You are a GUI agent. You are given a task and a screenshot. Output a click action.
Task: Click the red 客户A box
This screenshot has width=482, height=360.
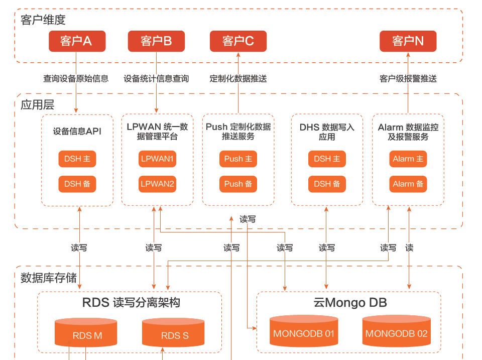(77, 41)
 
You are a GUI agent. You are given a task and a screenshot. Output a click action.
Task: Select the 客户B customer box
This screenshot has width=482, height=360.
(156, 41)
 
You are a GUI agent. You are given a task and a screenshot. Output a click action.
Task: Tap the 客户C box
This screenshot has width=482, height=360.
(238, 41)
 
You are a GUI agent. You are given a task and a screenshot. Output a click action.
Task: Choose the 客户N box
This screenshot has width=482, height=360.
(408, 41)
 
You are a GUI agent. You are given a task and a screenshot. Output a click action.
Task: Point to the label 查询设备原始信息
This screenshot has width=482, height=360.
(76, 79)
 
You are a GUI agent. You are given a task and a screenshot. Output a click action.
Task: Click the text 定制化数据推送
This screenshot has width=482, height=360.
(238, 79)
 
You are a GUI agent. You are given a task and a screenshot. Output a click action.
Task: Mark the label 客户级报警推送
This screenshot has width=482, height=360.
(408, 79)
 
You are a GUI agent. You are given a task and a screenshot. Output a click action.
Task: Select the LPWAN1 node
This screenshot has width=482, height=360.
(157, 159)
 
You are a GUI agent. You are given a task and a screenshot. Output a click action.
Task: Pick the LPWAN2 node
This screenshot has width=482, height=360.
(157, 184)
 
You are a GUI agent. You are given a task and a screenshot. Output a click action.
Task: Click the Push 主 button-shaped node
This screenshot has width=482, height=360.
(238, 159)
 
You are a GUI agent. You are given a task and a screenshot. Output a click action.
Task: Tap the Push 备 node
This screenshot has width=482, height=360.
(238, 184)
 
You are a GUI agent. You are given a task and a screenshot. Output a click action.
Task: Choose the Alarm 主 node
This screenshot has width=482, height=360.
(408, 159)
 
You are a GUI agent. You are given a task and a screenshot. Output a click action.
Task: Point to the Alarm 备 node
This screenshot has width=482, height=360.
(408, 184)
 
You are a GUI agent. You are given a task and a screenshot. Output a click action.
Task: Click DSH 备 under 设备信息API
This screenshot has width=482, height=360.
(77, 184)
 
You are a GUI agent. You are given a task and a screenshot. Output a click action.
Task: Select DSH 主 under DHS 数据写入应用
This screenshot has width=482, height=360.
(327, 159)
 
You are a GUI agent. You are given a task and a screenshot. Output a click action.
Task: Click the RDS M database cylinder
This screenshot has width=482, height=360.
(86, 333)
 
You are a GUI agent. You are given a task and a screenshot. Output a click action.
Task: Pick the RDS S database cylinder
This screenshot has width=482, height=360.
(173, 333)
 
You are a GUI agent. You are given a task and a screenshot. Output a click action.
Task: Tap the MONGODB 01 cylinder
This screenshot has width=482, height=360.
(304, 331)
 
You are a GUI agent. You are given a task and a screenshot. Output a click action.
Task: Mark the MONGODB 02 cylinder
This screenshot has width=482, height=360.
(397, 331)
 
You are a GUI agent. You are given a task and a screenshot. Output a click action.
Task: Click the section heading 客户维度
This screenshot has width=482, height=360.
(43, 20)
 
